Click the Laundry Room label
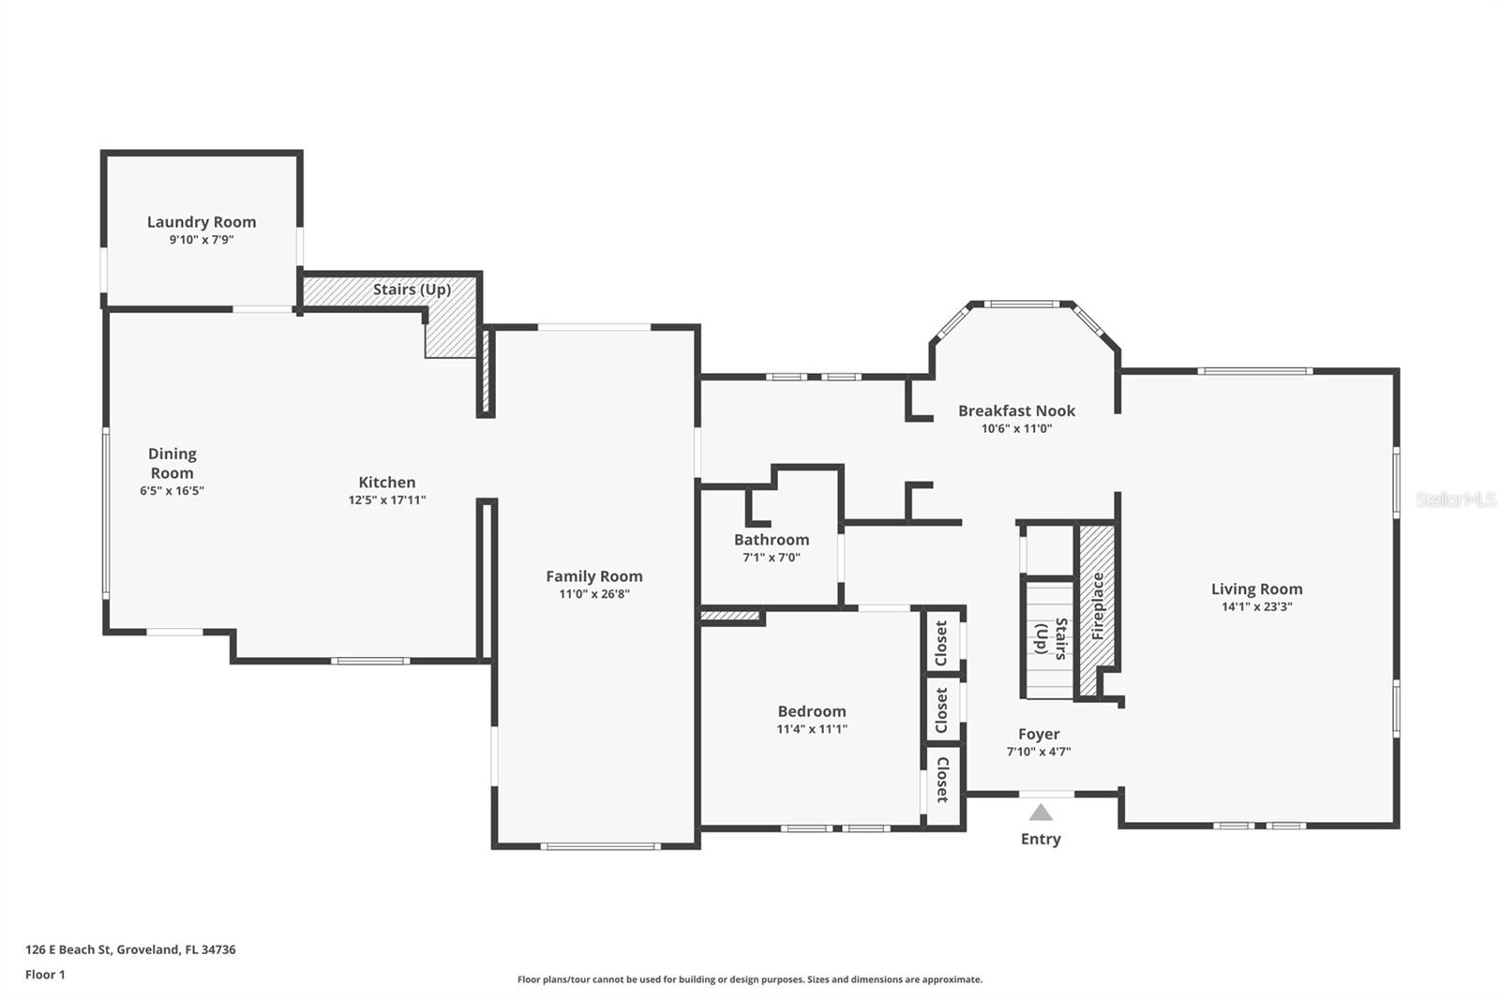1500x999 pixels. coord(202,222)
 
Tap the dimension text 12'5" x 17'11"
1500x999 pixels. coord(387,500)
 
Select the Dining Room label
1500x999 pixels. coord(172,463)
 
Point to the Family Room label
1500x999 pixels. coord(594,576)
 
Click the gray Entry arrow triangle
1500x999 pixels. coord(1041,813)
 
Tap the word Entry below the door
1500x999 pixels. coord(1041,839)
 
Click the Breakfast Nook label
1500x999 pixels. coord(1016,410)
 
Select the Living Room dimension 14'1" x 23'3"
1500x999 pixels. coord(1256,606)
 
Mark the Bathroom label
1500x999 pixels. coord(772,540)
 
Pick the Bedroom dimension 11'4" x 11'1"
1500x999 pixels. coord(812,729)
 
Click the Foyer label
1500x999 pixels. coord(1039,735)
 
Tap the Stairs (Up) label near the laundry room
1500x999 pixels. coord(412,289)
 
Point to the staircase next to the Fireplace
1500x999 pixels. coord(1048,640)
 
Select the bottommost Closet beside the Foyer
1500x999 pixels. coord(942,780)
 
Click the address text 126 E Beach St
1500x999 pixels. coord(130,949)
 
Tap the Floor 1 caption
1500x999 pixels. coord(45,975)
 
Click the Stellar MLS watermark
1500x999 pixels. coord(1455,499)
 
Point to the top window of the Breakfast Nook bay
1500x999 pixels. coord(1021,304)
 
